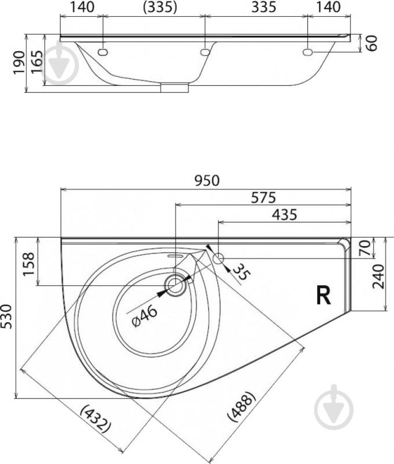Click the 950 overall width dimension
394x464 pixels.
point(207,181)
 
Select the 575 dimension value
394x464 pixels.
point(263,197)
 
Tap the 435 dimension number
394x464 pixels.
point(284,214)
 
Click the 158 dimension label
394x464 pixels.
point(29,264)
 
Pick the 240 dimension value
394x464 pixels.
point(379,276)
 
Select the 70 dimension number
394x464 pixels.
point(365,248)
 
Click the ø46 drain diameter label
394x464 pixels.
point(145,316)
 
